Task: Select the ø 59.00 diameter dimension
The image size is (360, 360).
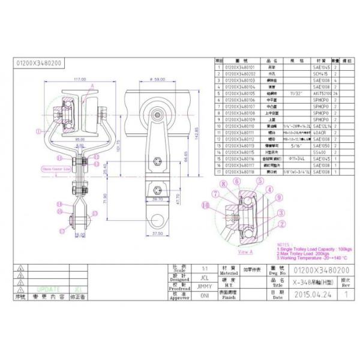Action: (x=157, y=79)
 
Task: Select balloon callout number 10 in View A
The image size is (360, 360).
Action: (x=207, y=205)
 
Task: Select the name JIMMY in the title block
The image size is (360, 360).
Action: (x=204, y=287)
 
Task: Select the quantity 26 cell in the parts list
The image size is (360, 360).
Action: (x=336, y=94)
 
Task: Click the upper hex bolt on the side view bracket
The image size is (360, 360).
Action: (x=157, y=161)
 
